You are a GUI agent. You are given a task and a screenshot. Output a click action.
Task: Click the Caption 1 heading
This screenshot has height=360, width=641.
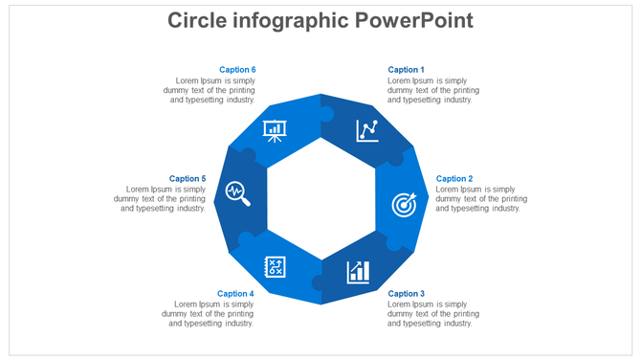click(x=406, y=70)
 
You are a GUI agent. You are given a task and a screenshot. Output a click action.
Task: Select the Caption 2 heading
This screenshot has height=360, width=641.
click(x=454, y=179)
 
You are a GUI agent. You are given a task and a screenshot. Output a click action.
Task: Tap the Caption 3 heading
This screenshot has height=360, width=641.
click(x=406, y=294)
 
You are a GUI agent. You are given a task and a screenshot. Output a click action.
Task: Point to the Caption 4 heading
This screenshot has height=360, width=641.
click(x=235, y=294)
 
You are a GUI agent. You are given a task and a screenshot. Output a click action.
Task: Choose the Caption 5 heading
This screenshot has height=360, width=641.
click(x=188, y=179)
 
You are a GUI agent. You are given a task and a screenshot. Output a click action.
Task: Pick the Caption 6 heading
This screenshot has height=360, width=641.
click(x=237, y=70)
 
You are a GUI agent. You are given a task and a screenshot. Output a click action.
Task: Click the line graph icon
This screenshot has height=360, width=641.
click(x=367, y=130)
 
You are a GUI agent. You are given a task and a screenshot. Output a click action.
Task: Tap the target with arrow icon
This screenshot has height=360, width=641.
click(x=405, y=204)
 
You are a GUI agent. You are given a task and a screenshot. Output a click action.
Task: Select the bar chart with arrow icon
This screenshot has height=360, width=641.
click(x=359, y=271)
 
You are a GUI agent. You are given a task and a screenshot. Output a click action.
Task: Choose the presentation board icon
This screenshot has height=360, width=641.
click(x=275, y=130)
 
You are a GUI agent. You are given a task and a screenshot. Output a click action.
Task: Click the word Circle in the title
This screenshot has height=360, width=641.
click(x=200, y=20)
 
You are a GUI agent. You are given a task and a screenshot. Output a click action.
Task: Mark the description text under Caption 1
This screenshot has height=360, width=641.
click(x=433, y=90)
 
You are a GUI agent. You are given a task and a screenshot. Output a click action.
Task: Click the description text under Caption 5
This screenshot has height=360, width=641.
click(x=160, y=199)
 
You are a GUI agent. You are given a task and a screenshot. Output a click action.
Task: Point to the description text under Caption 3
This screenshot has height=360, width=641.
click(x=433, y=314)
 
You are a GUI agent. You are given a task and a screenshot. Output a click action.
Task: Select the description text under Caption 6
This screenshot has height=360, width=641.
click(x=210, y=90)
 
